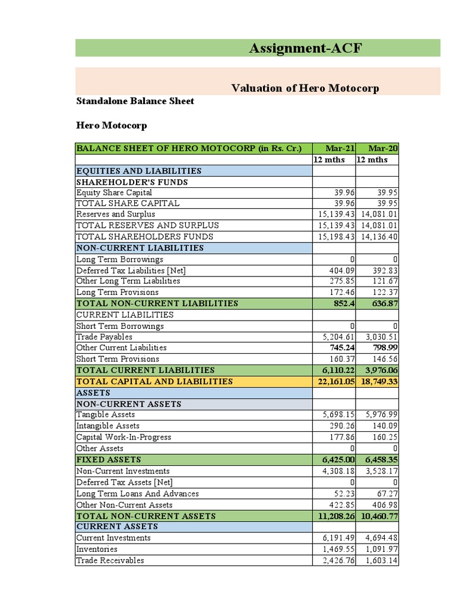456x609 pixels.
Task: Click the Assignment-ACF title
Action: click(305, 48)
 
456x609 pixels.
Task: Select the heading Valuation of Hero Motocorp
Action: click(305, 88)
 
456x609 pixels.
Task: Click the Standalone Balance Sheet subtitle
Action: click(135, 101)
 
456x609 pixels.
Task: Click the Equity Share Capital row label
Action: click(114, 193)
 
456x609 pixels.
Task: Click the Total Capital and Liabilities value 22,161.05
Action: click(335, 381)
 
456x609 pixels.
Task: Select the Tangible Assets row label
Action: click(106, 415)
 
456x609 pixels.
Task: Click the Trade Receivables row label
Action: click(110, 560)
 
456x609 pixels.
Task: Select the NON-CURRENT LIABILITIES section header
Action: click(140, 248)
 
